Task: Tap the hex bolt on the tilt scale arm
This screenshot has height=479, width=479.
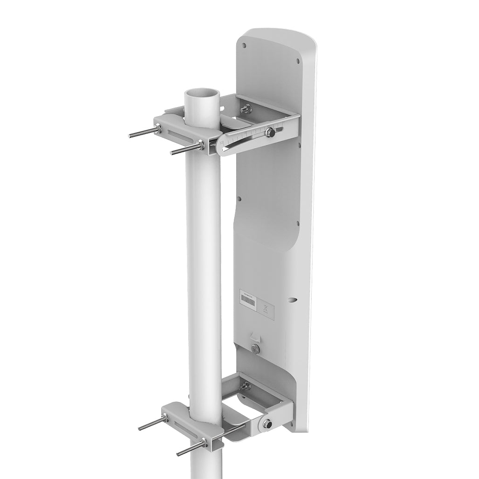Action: (269, 133)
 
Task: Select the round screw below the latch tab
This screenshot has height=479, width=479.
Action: (254, 349)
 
